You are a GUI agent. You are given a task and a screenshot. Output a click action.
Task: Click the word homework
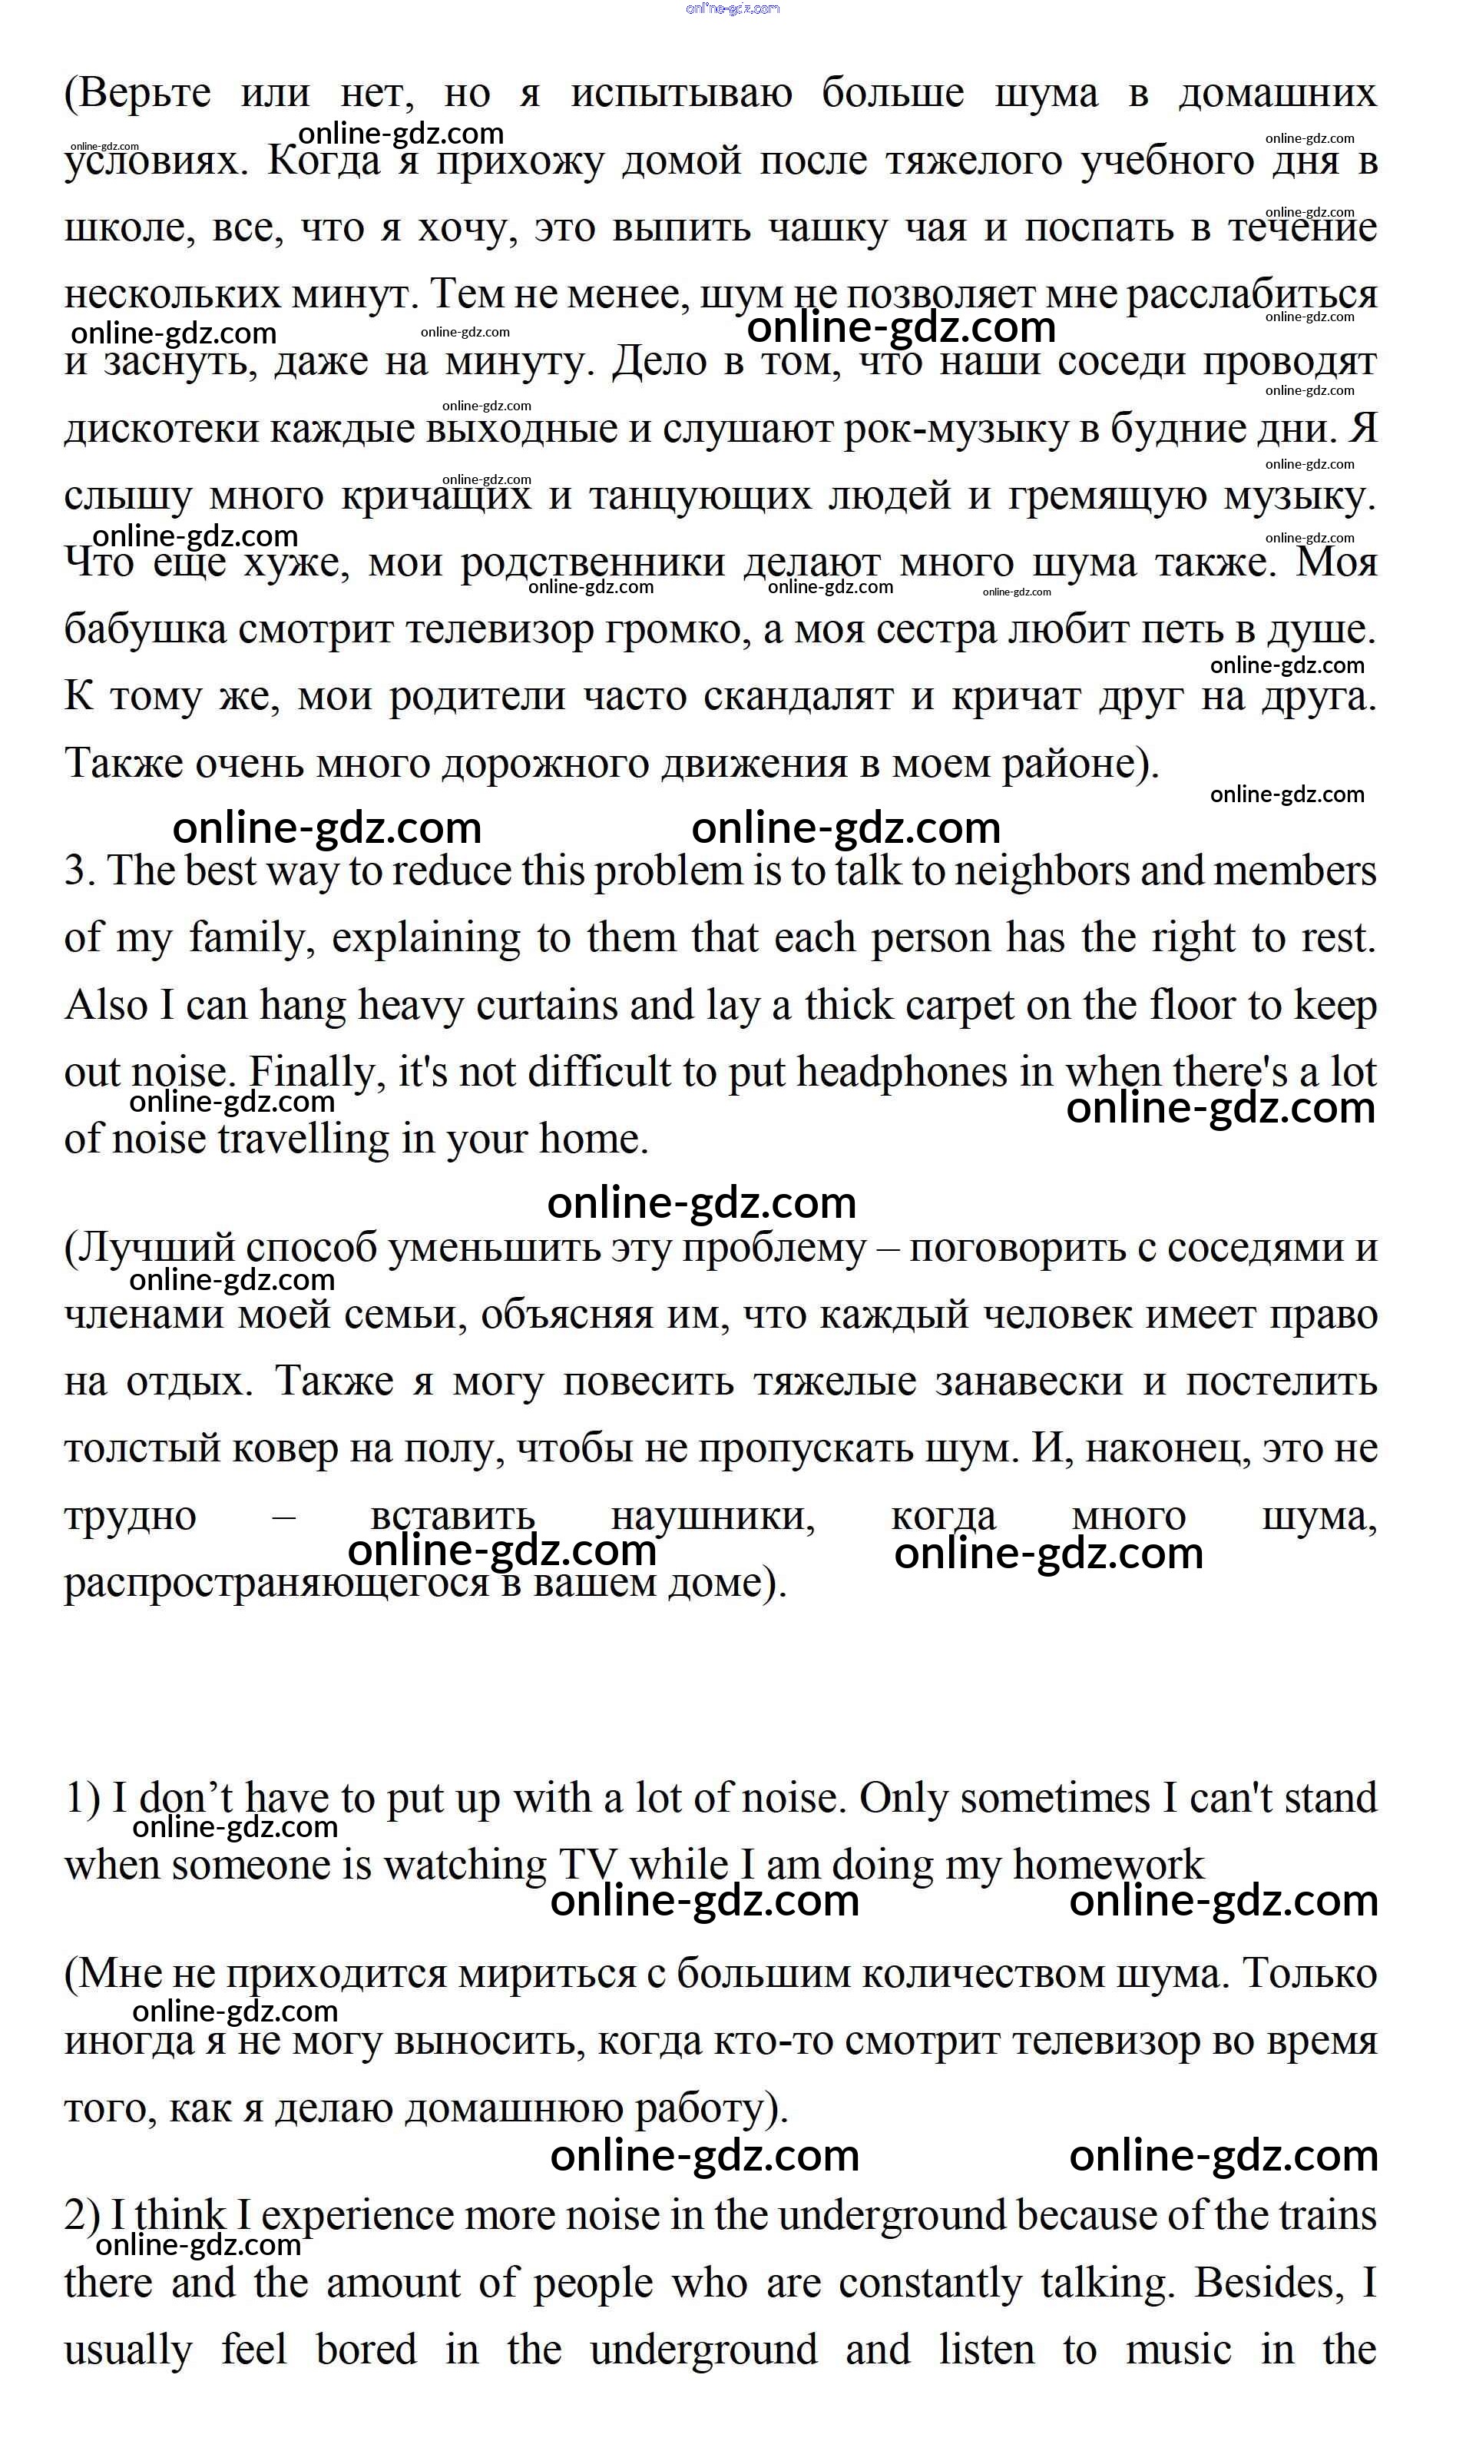[1107, 1866]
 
